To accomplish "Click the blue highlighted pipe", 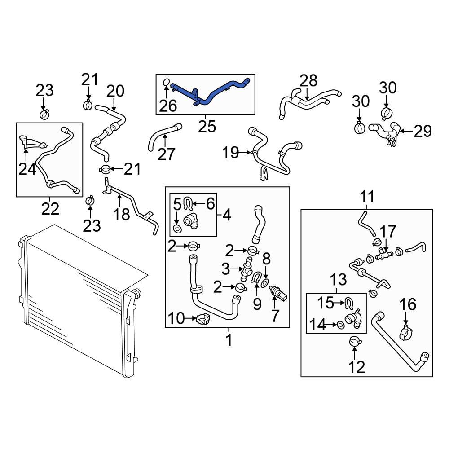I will (211, 95).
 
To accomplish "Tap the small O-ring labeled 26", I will (166, 83).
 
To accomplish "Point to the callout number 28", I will (308, 81).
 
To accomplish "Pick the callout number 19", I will (232, 154).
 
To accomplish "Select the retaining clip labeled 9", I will (257, 279).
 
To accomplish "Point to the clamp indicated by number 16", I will (406, 335).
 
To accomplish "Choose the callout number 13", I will (339, 281).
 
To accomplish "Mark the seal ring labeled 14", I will (341, 323).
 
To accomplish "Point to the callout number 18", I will (121, 214).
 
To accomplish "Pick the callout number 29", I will (422, 131).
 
